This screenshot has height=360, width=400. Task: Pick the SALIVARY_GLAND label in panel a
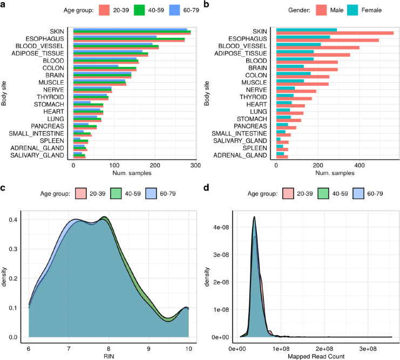[40, 155]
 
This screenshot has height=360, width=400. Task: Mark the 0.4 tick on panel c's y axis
[16, 220]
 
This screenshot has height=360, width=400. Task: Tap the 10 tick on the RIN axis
[188, 345]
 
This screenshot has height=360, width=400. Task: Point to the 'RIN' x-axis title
[108, 355]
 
